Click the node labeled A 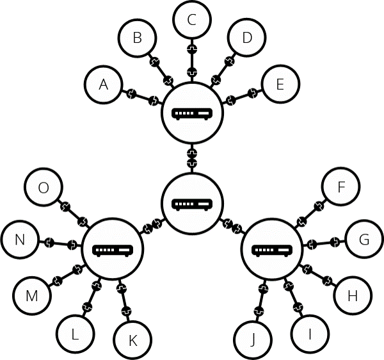point(103,85)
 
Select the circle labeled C point(192,19)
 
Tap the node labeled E point(281,83)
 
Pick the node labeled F point(341,186)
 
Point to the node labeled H point(353,295)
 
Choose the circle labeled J point(253,340)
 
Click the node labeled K point(132,340)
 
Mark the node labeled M point(32,295)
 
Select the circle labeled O point(44,187)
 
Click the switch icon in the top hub point(192,114)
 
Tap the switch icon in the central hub point(192,204)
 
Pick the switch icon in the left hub point(113,250)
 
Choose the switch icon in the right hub point(272,250)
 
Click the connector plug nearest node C point(192,49)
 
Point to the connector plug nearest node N point(49,242)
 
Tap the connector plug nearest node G point(334,242)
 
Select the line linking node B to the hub point(161,71)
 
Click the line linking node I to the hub point(294,297)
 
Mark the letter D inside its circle point(247,38)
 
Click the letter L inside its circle point(75,334)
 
